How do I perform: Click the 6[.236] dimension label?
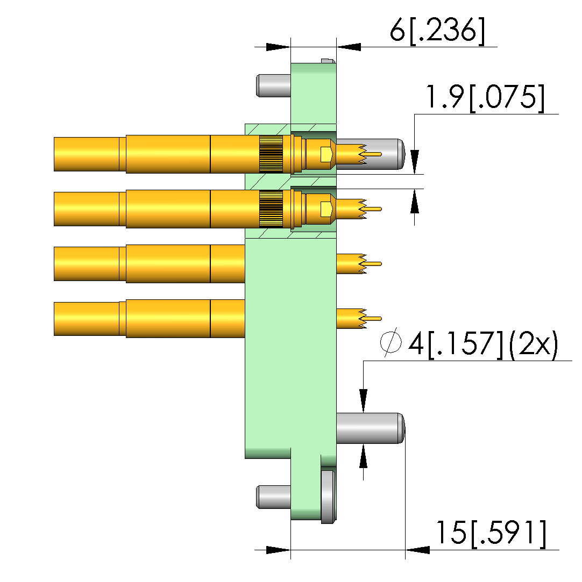(437, 31)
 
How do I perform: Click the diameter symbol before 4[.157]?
(391, 342)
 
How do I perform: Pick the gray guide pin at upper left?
(273, 86)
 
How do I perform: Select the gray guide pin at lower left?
(273, 497)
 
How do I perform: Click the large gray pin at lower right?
(370, 428)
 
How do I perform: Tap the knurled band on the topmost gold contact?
(271, 154)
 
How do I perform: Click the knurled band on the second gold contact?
(271, 209)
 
